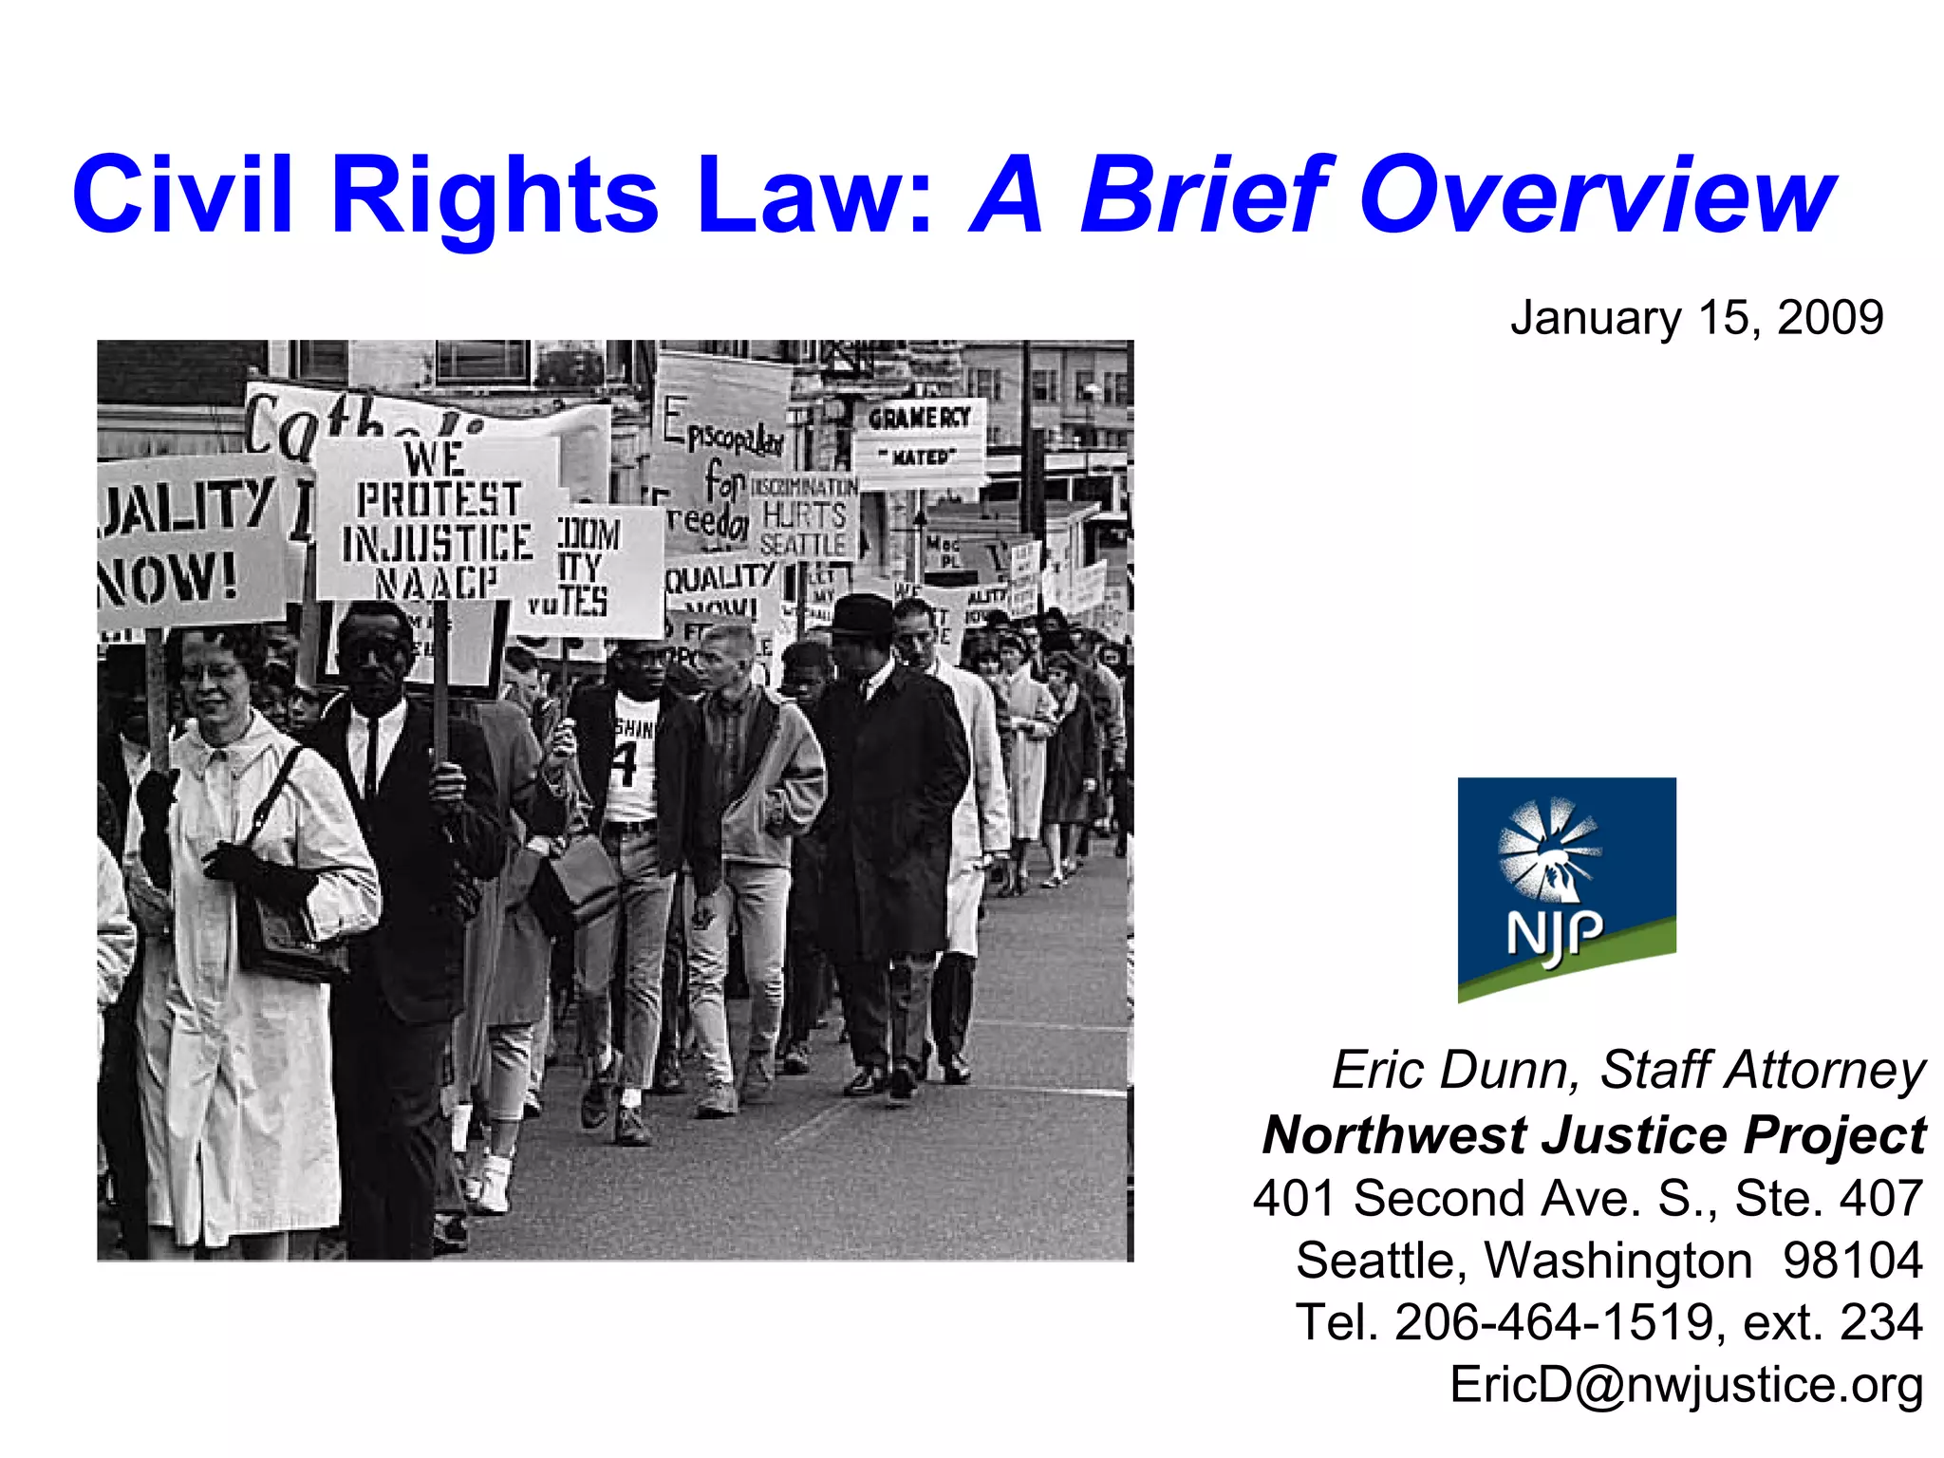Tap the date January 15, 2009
coord(1696,317)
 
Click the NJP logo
coord(1566,889)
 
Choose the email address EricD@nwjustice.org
coord(1686,1383)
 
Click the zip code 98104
coord(1852,1261)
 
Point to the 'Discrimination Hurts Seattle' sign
coord(803,517)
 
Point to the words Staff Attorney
coord(1763,1070)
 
